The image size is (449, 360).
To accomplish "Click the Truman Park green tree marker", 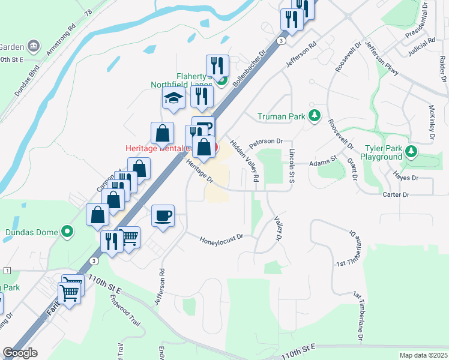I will (314, 116).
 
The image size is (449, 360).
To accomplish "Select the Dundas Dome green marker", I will (67, 232).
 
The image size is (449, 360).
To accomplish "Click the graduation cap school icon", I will (173, 99).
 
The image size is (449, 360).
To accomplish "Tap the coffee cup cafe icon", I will (162, 216).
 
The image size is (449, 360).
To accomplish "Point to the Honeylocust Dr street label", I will (221, 238).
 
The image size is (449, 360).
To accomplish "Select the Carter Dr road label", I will (396, 195).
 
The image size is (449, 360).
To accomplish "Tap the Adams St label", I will (324, 161).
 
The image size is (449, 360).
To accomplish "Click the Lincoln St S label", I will (292, 161).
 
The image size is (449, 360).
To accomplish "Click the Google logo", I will (20, 352).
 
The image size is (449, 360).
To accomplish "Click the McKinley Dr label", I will (431, 124).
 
